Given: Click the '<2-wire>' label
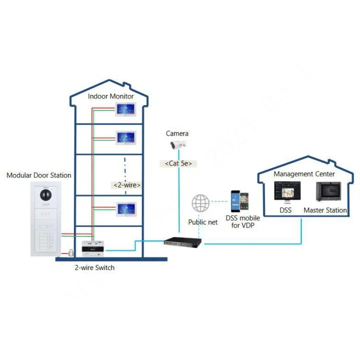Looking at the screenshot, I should [126, 185].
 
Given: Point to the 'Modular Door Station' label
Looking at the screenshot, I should [38, 175].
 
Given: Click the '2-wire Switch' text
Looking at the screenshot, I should [94, 267].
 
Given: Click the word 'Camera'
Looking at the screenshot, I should [177, 133].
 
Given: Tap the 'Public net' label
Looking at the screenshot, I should [203, 222].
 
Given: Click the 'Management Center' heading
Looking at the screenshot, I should [304, 174].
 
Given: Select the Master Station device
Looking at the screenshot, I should [328, 192].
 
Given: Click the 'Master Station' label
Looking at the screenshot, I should [325, 210].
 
